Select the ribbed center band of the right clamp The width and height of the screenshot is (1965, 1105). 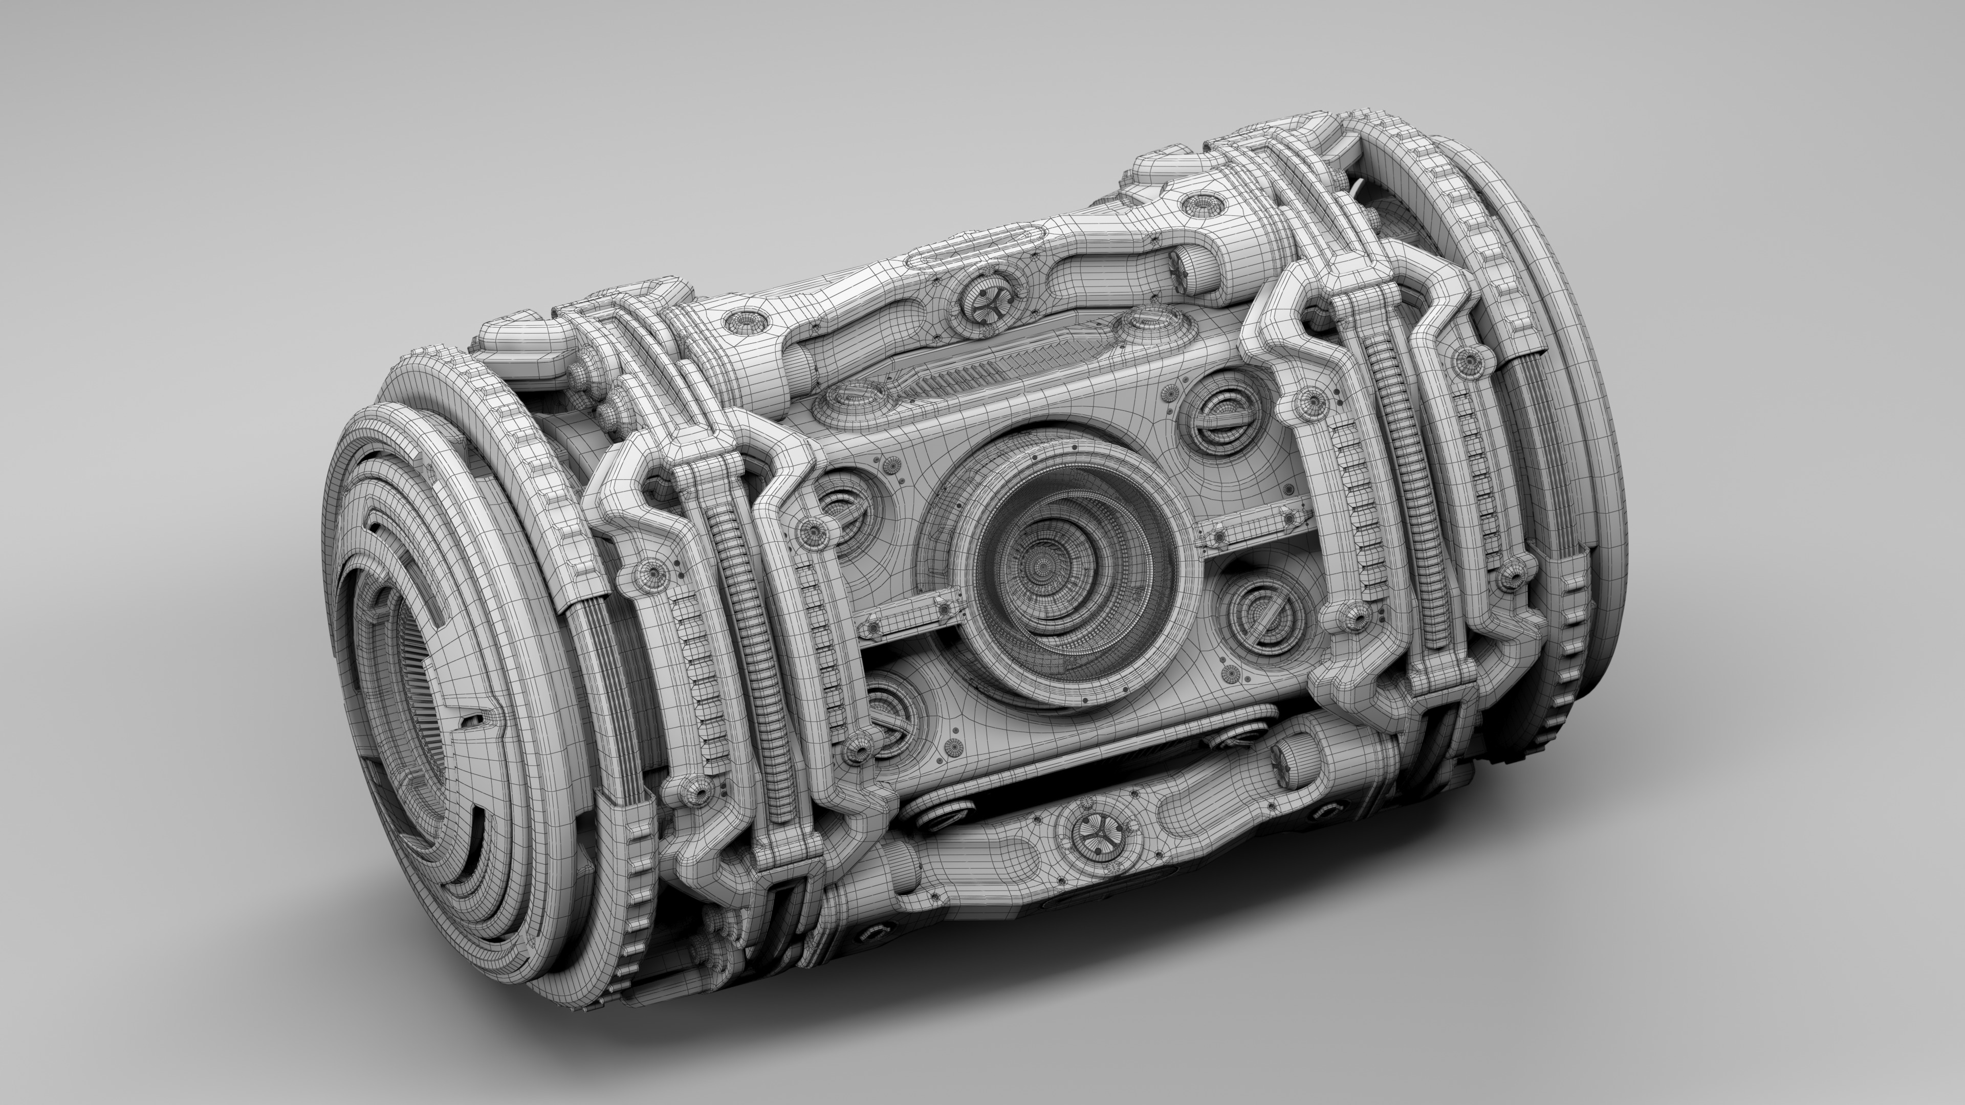tap(1404, 488)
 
